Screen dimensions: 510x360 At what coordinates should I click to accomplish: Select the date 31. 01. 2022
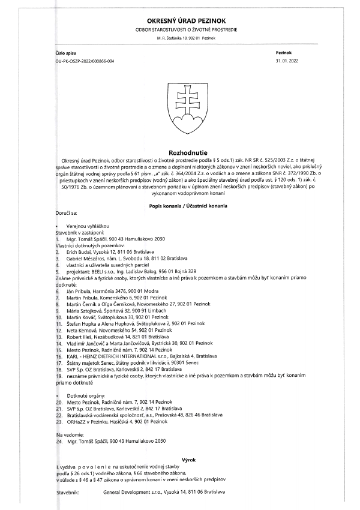[287, 61]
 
